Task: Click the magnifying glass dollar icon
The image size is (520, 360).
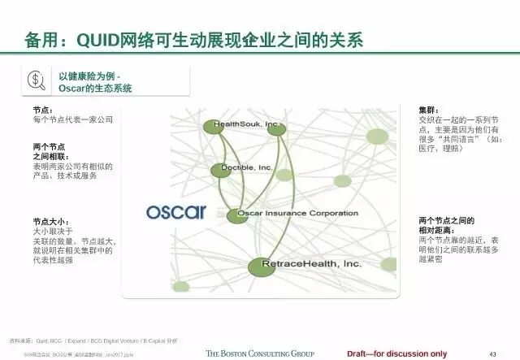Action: pyautogui.click(x=37, y=80)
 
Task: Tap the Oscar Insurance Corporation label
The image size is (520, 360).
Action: pyautogui.click(x=302, y=214)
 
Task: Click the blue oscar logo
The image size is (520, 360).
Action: pyautogui.click(x=175, y=212)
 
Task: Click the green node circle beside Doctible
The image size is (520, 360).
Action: pyautogui.click(x=221, y=170)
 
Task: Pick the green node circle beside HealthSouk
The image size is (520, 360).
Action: pyautogui.click(x=214, y=126)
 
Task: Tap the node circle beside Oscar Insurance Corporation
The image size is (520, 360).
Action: pyautogui.click(x=236, y=215)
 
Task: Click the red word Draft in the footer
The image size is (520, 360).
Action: pyautogui.click(x=358, y=353)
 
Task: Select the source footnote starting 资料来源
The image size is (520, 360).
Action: pyautogui.click(x=81, y=343)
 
